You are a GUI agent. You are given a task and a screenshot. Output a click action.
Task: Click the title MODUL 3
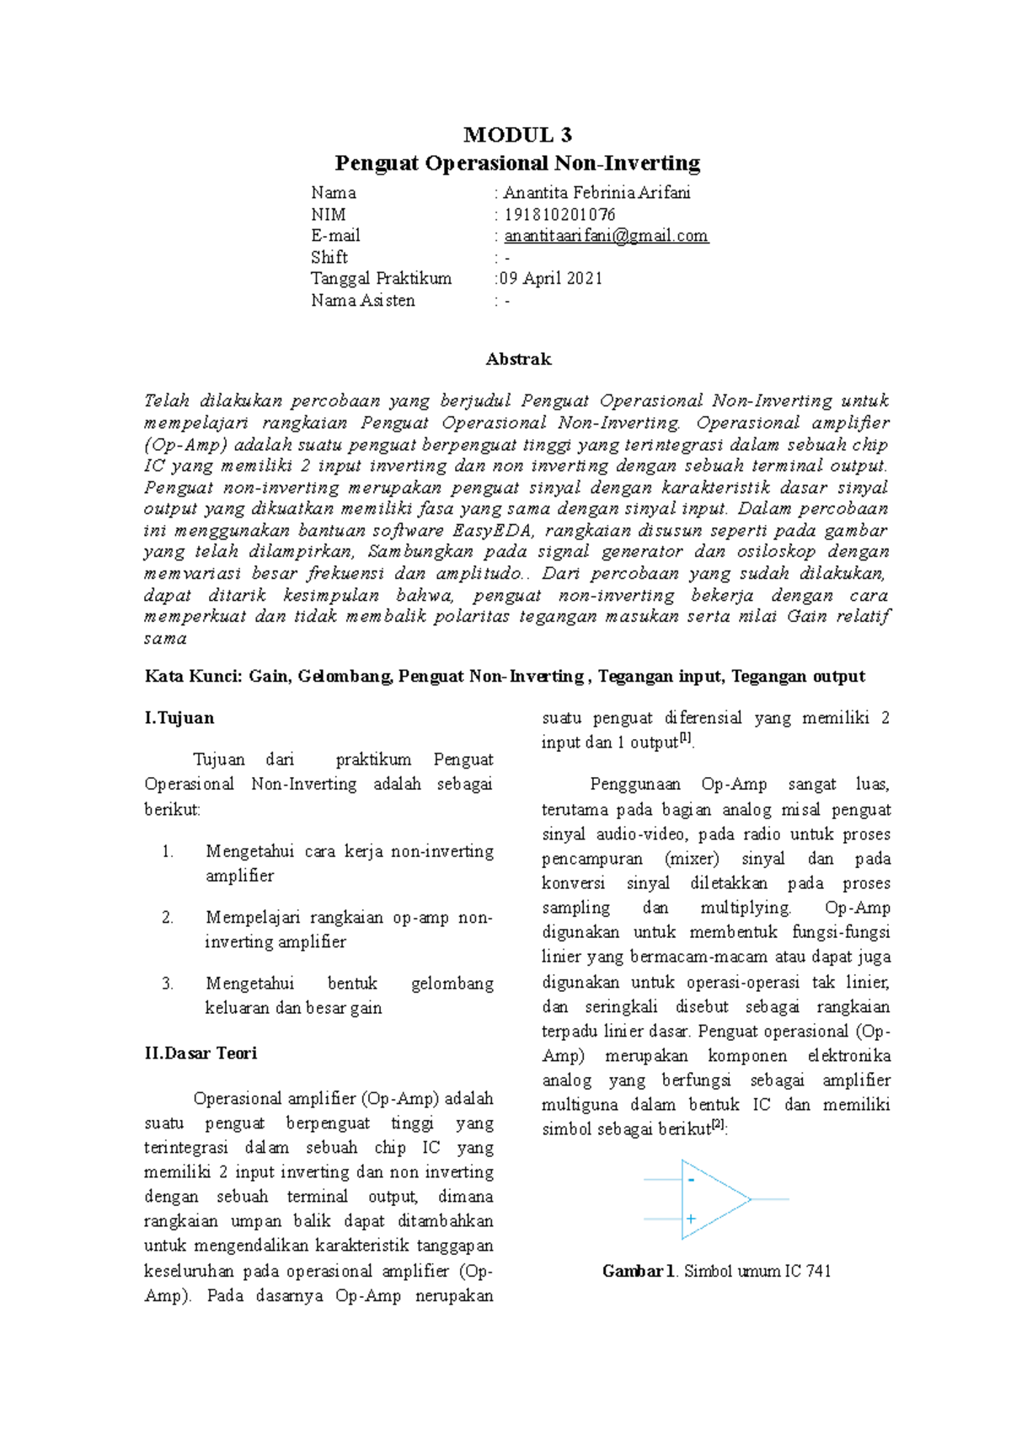(517, 134)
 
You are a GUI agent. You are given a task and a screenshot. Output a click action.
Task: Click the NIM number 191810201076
(559, 214)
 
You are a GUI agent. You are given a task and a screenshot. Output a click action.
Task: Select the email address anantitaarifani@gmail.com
(606, 236)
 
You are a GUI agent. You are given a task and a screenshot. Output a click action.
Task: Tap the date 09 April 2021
(551, 278)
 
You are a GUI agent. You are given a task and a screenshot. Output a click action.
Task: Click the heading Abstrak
(518, 359)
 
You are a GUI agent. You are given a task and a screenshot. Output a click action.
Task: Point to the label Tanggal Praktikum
(381, 278)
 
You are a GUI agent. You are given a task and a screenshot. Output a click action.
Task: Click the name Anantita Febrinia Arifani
(596, 192)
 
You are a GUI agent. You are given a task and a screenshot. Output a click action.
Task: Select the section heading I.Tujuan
(179, 718)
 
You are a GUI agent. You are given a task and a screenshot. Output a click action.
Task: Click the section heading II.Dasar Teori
(201, 1053)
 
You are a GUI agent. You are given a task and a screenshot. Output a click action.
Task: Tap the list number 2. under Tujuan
(168, 917)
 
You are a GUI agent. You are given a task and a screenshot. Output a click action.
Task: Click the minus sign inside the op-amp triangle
(691, 1180)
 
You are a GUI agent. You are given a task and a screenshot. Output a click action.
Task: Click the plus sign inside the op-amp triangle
(691, 1219)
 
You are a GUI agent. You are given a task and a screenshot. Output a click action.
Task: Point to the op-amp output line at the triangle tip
(768, 1198)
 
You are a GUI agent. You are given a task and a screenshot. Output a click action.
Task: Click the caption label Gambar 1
(639, 1271)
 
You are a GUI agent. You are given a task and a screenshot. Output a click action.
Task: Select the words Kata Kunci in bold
(193, 676)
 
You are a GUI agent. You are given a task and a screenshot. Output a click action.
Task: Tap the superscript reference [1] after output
(686, 738)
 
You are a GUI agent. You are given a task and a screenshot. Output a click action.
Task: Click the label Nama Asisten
(362, 300)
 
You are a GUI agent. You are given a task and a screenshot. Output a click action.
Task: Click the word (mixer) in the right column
(692, 858)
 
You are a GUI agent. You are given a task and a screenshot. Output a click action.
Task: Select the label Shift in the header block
(329, 257)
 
